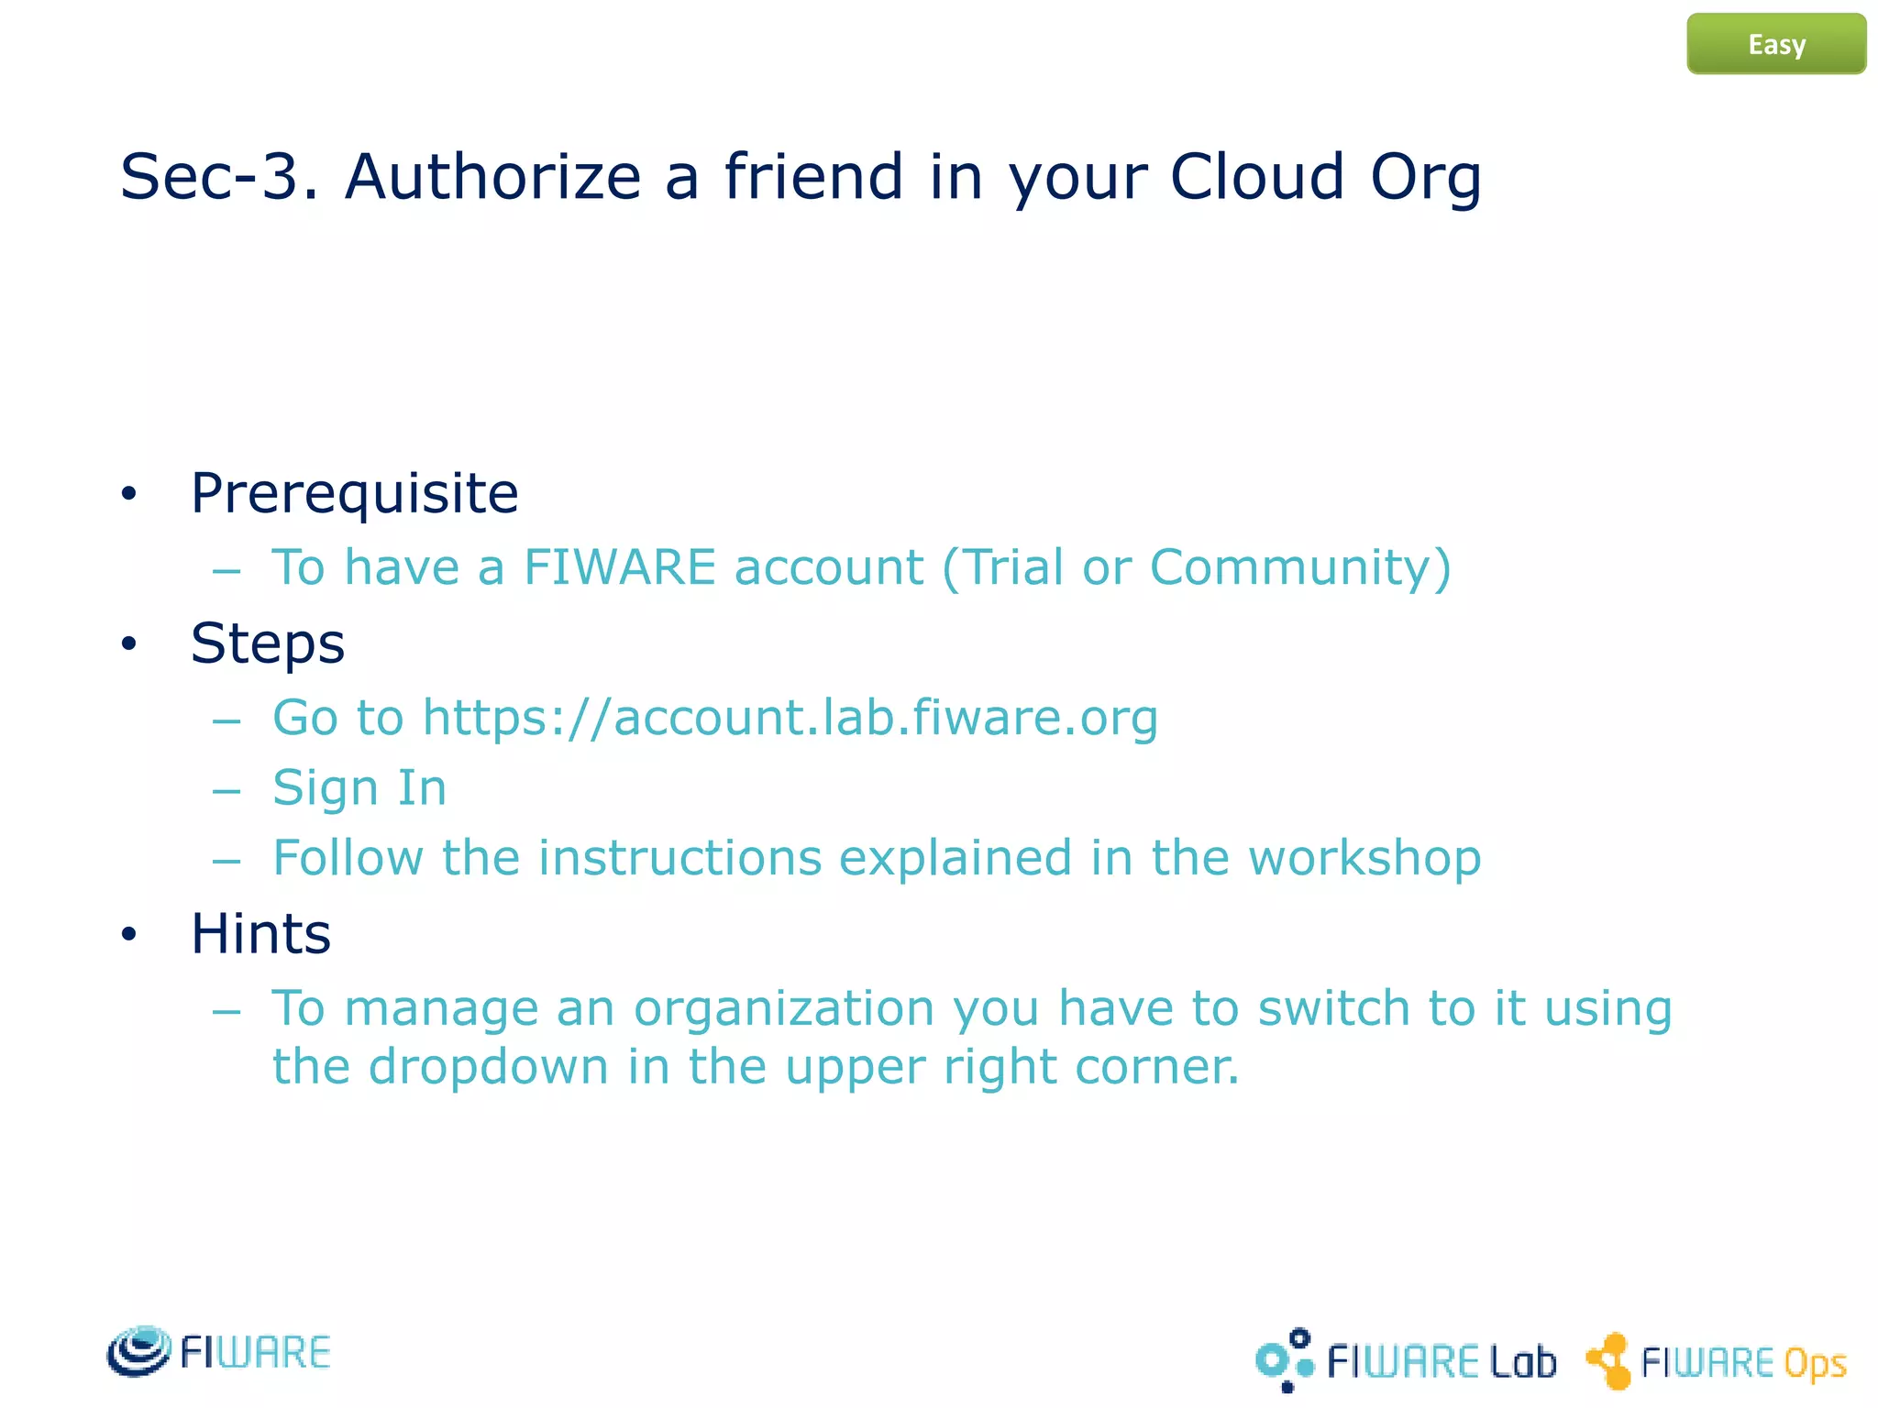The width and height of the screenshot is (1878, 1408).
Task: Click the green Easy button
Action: (x=1775, y=44)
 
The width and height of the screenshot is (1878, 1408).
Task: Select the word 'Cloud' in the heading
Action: (x=1256, y=176)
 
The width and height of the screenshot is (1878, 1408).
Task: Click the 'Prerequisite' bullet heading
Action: (x=354, y=493)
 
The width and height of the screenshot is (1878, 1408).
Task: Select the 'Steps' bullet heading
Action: (x=268, y=643)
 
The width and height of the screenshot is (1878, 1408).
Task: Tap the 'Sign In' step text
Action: (x=359, y=787)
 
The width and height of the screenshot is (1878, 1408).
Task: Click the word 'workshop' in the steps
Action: (x=1364, y=858)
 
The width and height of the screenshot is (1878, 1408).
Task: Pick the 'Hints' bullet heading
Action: (x=260, y=933)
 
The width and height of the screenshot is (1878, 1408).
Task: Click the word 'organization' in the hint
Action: (x=784, y=1008)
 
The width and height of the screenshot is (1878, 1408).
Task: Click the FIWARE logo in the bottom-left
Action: (x=218, y=1351)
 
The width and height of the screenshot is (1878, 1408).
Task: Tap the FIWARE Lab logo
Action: (x=1405, y=1360)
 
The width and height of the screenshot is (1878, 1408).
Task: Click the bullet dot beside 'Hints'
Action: (x=128, y=934)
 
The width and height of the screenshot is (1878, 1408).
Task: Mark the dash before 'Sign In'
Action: (x=226, y=789)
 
